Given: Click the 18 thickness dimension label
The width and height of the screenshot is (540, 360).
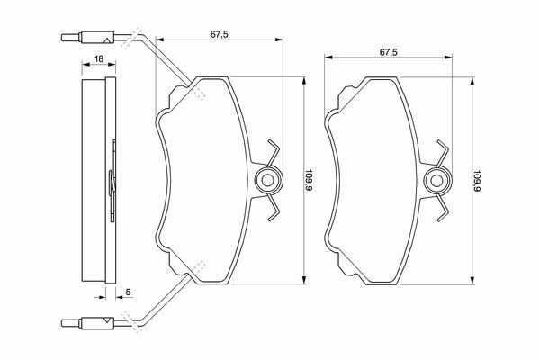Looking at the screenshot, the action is click(x=99, y=58).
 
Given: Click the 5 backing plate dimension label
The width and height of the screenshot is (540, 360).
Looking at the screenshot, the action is click(x=128, y=292).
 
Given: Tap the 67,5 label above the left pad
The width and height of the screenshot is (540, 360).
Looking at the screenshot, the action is click(x=220, y=34).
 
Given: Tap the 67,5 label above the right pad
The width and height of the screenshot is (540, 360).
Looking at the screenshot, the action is click(x=389, y=52).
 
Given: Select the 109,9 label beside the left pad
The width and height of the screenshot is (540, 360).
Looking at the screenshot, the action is click(x=308, y=180).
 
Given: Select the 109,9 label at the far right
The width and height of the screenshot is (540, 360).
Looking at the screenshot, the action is click(x=477, y=181).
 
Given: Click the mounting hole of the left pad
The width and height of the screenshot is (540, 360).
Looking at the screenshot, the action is click(x=267, y=180).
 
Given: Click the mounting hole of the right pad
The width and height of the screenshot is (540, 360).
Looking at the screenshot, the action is click(x=436, y=181).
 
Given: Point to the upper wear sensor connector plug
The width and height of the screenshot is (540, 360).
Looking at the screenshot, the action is click(x=88, y=37).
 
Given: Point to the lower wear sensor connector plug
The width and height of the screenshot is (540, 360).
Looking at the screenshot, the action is click(x=88, y=323).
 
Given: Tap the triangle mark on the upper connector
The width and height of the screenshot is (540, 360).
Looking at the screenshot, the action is click(x=107, y=41).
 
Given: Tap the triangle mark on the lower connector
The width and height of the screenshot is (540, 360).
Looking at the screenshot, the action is click(x=107, y=320).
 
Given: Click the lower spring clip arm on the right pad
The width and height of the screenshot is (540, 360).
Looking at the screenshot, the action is click(x=443, y=208).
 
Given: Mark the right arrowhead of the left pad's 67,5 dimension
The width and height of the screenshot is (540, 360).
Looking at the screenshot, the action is click(x=279, y=40).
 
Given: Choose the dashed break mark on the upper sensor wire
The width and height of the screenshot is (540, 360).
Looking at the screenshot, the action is click(x=131, y=38).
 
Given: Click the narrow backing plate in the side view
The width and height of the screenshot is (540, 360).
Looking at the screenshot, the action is click(x=111, y=180).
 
